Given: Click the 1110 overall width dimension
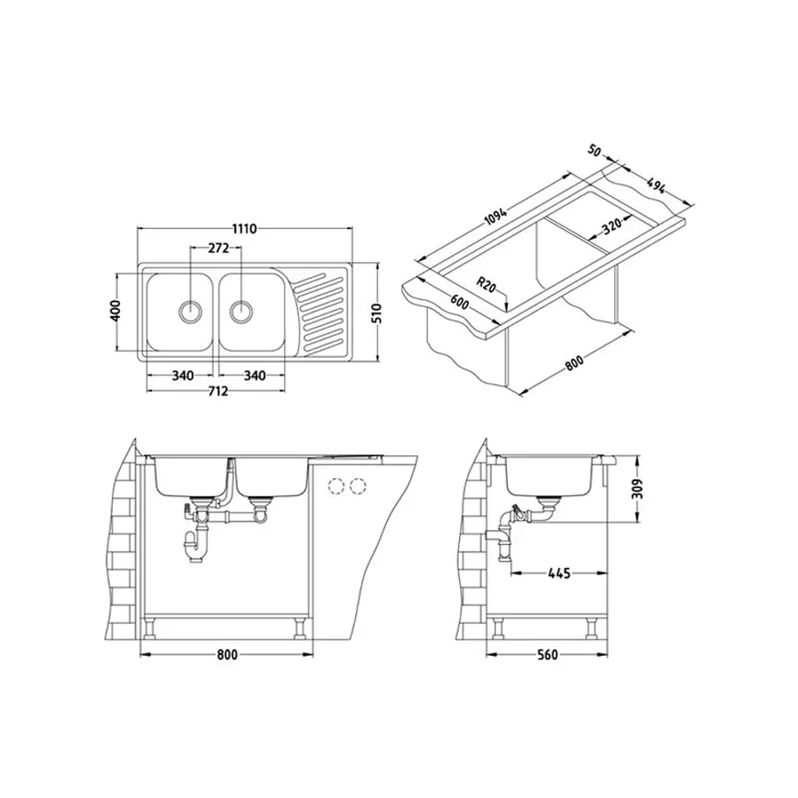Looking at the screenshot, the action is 244,228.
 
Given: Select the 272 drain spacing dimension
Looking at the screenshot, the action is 218,249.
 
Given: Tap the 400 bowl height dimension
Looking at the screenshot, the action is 115,310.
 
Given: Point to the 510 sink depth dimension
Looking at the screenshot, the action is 376,312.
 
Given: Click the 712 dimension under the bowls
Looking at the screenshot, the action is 217,391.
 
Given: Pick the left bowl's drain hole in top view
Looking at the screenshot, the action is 190,310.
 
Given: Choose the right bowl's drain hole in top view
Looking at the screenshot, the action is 241,310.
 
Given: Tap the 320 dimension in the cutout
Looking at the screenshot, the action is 612,225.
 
